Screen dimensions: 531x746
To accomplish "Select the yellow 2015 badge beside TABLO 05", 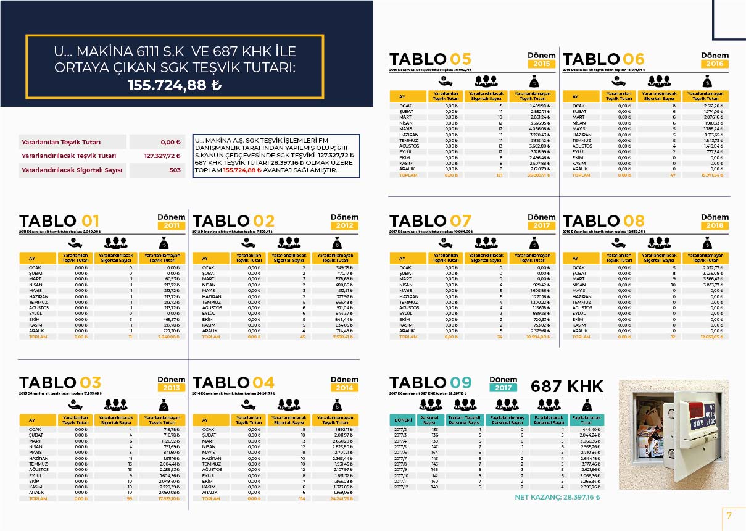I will [542, 64].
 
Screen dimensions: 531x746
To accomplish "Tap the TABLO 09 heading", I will [430, 383].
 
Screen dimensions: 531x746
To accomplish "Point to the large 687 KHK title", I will [566, 387].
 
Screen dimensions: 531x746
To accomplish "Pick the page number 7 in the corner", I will [729, 516].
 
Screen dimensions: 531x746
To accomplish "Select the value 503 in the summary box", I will [175, 169].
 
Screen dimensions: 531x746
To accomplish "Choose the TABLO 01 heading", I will [59, 221].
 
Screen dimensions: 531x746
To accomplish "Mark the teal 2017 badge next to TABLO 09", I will [503, 388].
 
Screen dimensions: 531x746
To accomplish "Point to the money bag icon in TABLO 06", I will [707, 80].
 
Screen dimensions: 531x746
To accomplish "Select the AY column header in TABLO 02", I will [209, 258].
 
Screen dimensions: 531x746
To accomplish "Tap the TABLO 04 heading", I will [234, 383].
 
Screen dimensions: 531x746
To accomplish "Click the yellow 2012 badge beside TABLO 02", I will [344, 226].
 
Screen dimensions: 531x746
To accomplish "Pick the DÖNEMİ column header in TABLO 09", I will [402, 420].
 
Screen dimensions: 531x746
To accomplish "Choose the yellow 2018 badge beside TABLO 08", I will [715, 226].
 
